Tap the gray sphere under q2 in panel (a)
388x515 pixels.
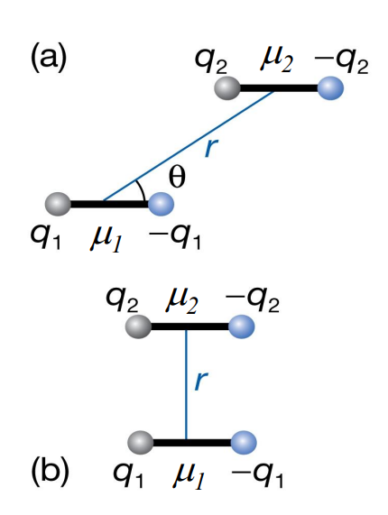pos(226,88)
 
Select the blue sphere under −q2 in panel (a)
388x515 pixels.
pos(332,88)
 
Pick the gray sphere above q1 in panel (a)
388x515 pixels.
pos(58,204)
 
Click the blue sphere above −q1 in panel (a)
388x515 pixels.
pos(162,204)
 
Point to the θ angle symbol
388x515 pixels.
pos(177,178)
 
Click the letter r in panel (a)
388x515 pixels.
pos(209,147)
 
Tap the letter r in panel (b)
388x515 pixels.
pos(199,382)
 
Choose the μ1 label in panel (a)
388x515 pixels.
pos(107,239)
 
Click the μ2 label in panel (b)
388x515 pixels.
pos(185,296)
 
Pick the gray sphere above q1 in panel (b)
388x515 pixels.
pos(138,442)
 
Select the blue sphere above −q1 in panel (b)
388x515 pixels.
pos(242,442)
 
